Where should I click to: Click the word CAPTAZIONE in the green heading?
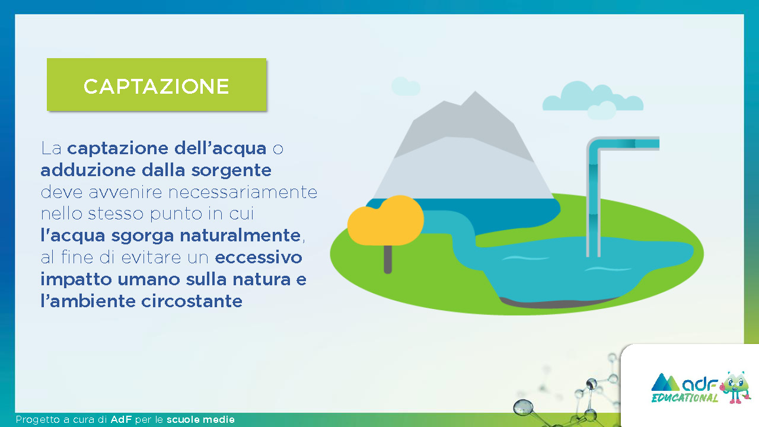coord(156,86)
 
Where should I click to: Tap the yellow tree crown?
coord(385,220)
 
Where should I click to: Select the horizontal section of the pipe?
coord(627,143)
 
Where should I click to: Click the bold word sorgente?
coord(231,170)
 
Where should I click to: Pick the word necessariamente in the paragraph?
coord(243,193)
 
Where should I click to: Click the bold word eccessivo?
coord(258,257)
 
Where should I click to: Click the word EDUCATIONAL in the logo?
coord(685,397)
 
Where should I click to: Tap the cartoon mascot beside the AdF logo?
coord(735,387)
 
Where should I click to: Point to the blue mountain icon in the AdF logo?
coord(665,383)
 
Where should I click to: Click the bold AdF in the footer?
coord(121,419)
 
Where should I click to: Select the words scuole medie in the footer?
coord(200,419)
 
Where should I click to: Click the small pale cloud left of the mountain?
coord(406,86)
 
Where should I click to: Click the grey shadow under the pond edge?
coord(556,302)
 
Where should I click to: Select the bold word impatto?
coord(76,280)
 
